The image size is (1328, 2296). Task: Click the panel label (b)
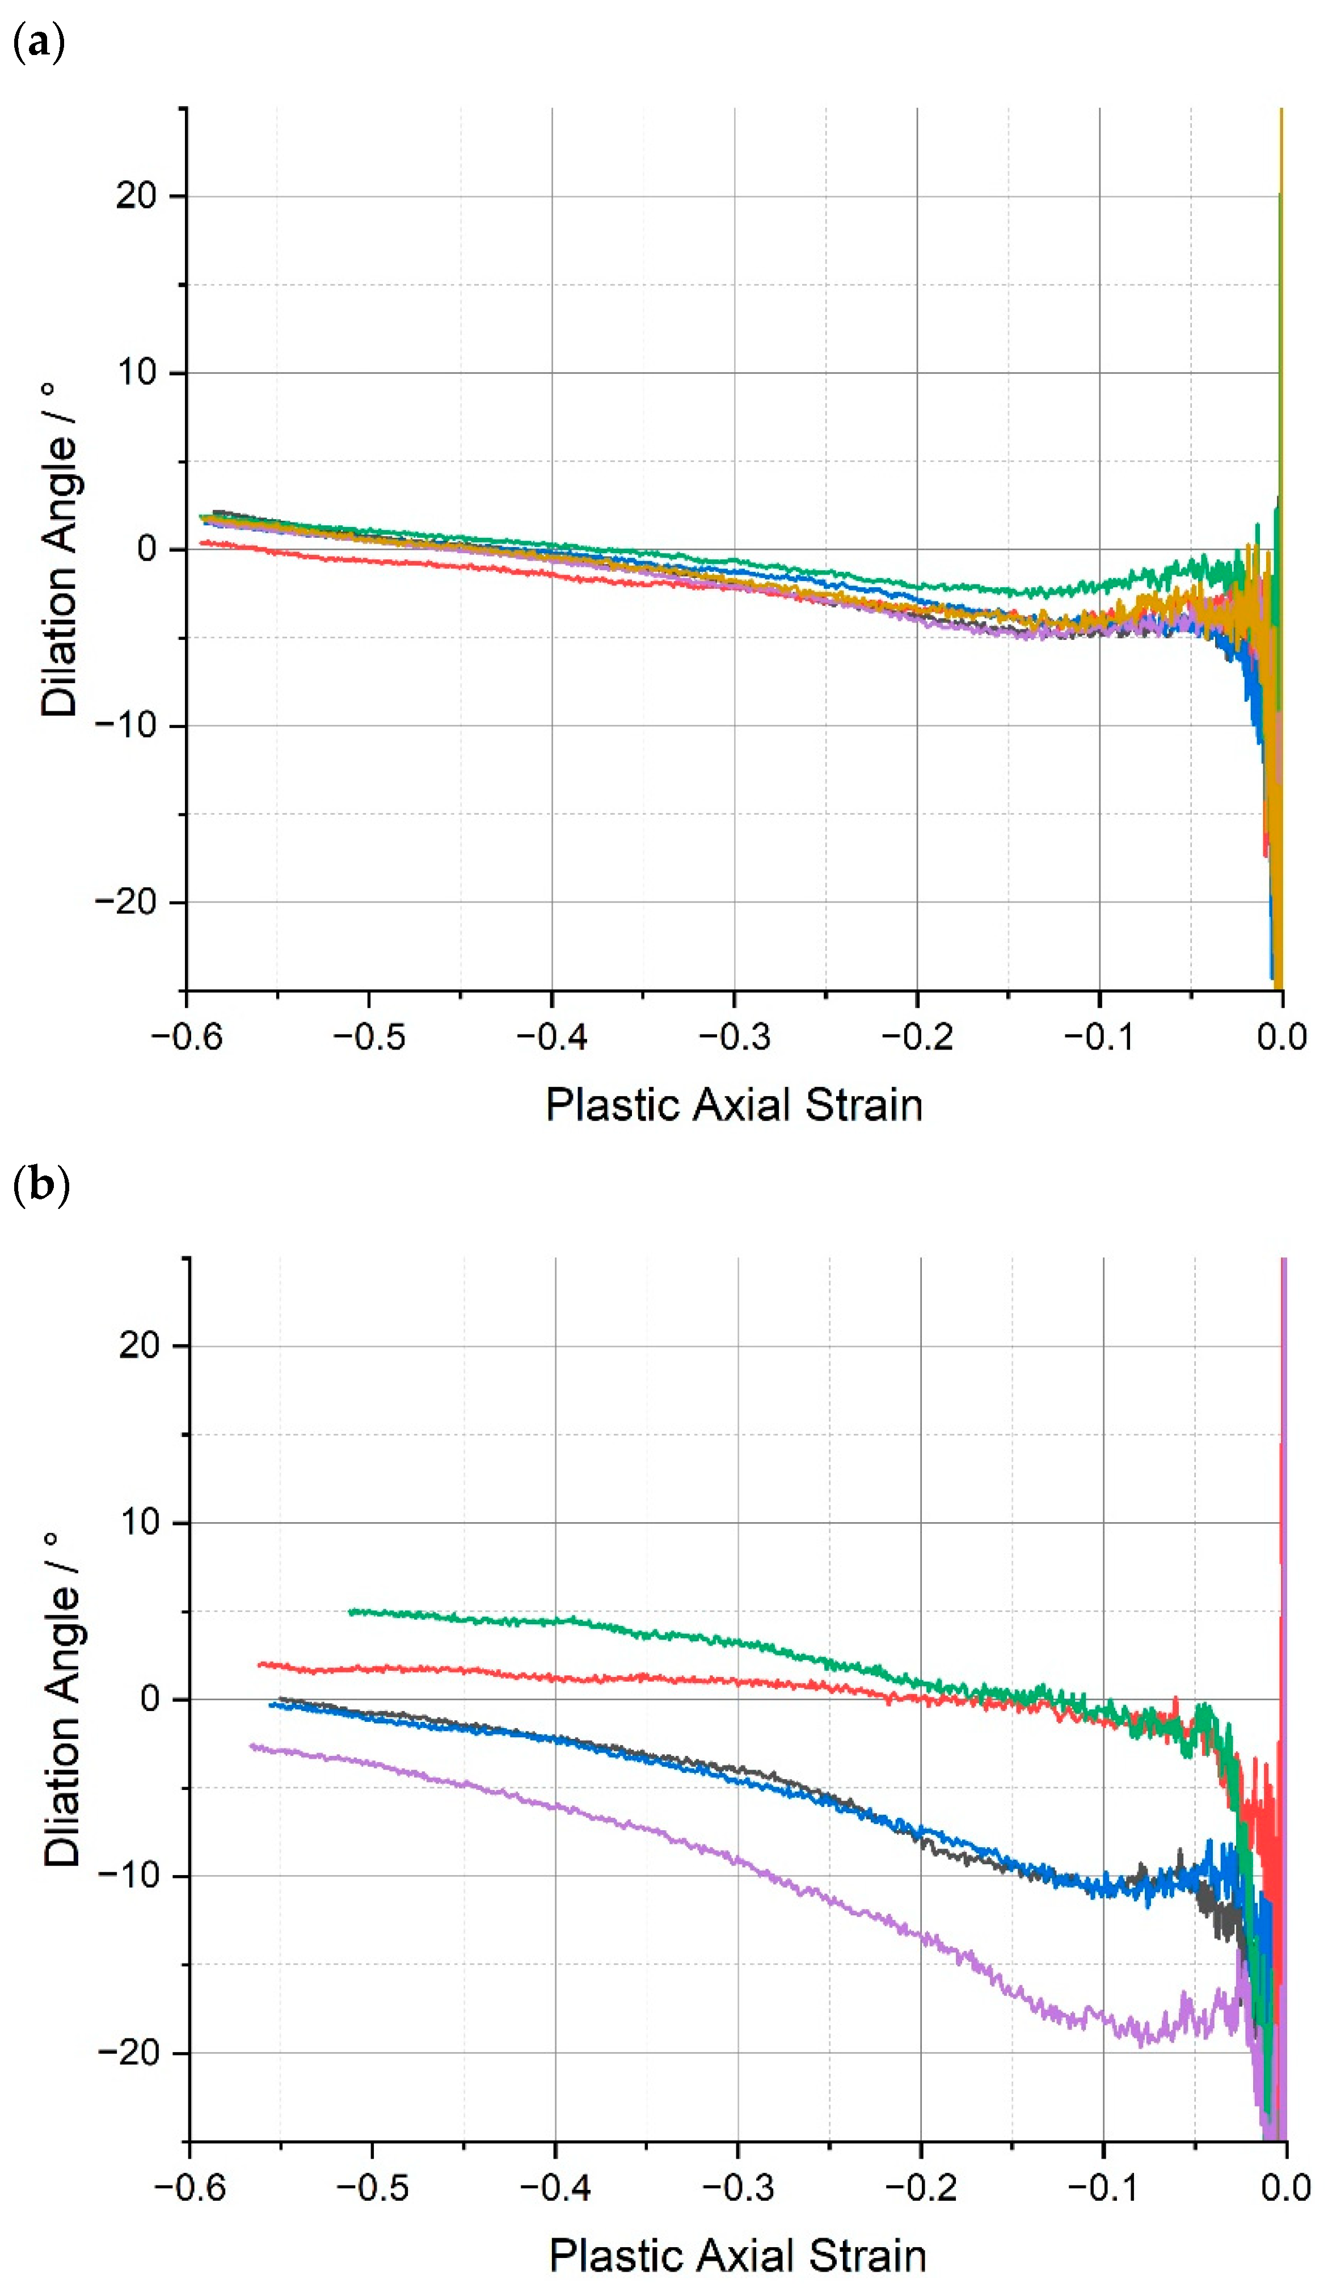tap(41, 1185)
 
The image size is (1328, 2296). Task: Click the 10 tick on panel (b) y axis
tap(140, 1522)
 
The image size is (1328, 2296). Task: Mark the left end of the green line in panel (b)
tap(351, 1611)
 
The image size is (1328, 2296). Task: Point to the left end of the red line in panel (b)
tap(260, 1663)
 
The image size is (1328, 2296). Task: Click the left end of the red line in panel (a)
tap(201, 542)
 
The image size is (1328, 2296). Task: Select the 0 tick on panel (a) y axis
tap(147, 549)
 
